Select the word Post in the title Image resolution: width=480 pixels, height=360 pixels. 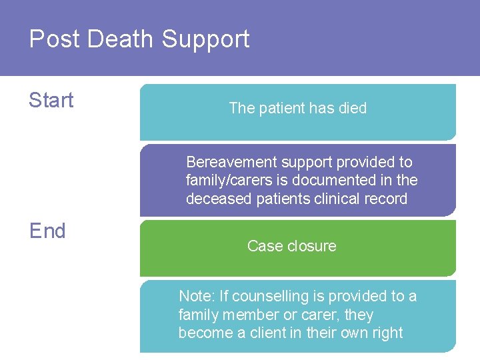(x=53, y=39)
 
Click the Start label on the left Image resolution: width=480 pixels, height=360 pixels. (x=51, y=100)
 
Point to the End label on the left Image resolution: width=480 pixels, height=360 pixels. (x=47, y=231)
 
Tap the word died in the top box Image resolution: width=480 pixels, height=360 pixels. (x=352, y=108)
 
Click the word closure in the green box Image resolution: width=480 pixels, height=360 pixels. (x=311, y=246)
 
